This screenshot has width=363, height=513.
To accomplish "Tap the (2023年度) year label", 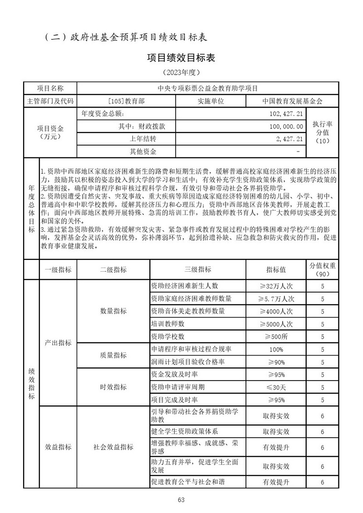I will tap(181, 72).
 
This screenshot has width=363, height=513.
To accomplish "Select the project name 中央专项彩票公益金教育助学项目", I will tap(207, 88).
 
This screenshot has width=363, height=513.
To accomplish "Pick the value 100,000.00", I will tap(286, 126).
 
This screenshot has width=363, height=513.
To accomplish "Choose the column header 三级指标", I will tap(198, 269).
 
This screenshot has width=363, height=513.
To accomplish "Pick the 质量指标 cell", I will tap(113, 356).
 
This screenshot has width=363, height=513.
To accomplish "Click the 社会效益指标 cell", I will tap(113, 447).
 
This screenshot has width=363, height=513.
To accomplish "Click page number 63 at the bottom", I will tap(181, 499).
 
